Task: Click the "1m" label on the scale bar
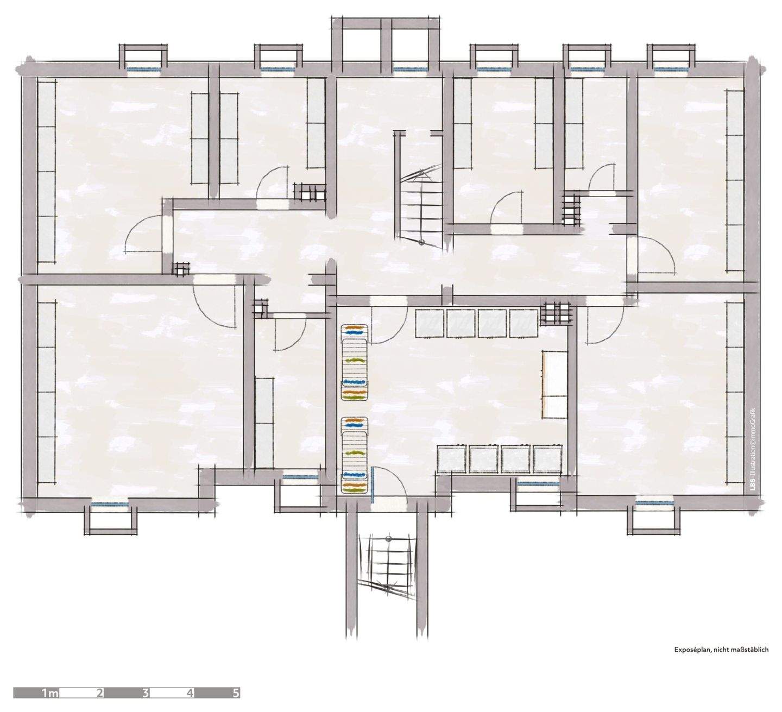pos(50,694)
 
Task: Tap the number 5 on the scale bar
pos(235,694)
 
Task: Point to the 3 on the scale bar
pos(145,694)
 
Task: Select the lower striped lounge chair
pos(355,456)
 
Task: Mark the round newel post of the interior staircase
pos(421,243)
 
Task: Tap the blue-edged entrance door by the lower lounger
pos(373,483)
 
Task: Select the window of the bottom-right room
pos(654,502)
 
